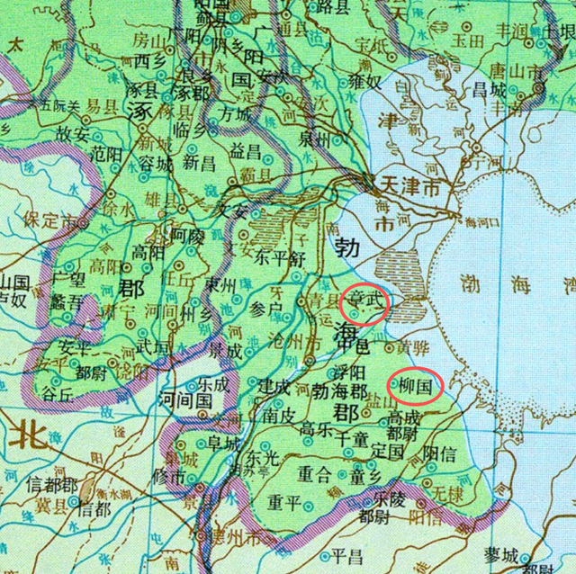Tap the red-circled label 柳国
415,386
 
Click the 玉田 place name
466,39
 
